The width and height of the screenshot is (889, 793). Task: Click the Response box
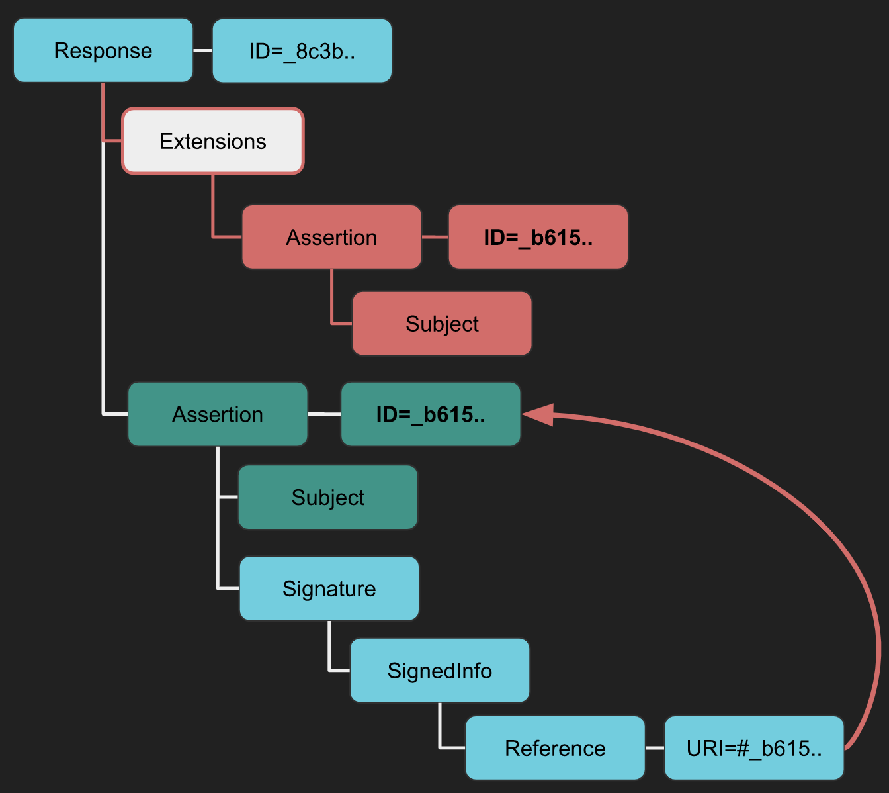103,51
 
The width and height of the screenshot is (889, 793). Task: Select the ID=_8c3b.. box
302,51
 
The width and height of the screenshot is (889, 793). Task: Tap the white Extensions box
212,142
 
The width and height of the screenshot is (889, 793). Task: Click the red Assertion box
331,237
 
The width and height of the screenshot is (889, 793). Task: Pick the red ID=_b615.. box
538,237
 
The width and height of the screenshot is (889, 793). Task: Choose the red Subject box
442,324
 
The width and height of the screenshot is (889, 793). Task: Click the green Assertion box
218,414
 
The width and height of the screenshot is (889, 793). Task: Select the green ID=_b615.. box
431,414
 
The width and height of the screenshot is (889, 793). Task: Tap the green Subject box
327,498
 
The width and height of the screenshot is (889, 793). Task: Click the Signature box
329,588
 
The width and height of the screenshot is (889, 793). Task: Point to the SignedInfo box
439,671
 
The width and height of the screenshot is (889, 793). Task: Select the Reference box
555,748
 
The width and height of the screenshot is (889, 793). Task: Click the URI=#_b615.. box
754,748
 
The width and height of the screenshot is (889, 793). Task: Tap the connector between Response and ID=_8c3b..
202,51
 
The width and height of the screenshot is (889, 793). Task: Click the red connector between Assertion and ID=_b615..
435,237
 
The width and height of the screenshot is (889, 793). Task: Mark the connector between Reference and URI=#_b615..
654,748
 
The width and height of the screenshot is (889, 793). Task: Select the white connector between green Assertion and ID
324,414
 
